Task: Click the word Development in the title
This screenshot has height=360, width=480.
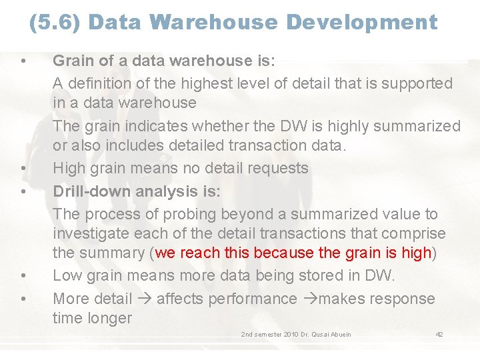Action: coord(362,23)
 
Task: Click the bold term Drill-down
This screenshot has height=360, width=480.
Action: coord(91,191)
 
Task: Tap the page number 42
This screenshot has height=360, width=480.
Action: coord(439,334)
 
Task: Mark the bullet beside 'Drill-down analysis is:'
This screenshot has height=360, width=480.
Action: coord(23,192)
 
